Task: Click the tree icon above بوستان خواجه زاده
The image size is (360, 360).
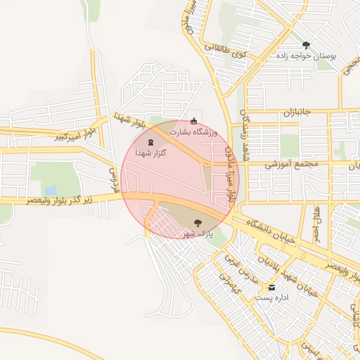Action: pyautogui.click(x=305, y=45)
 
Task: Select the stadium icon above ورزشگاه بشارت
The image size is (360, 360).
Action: pyautogui.click(x=194, y=121)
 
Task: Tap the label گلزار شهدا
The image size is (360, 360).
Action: pyautogui.click(x=153, y=153)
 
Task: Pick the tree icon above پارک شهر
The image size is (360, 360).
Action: pyautogui.click(x=196, y=222)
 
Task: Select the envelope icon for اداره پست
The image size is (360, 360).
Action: pyautogui.click(x=271, y=288)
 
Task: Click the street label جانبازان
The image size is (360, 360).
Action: pyautogui.click(x=301, y=112)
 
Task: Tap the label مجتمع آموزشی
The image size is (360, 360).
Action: pyautogui.click(x=292, y=164)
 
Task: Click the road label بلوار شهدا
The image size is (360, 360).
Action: pyautogui.click(x=131, y=122)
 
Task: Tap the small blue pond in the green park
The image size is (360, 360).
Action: pyautogui.click(x=50, y=191)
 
